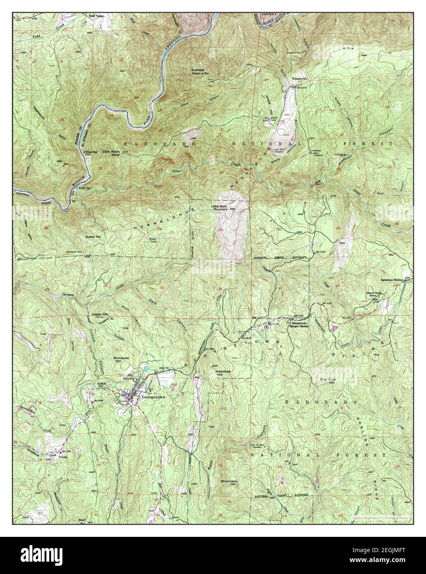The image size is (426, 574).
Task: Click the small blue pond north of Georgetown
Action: [146, 368]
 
